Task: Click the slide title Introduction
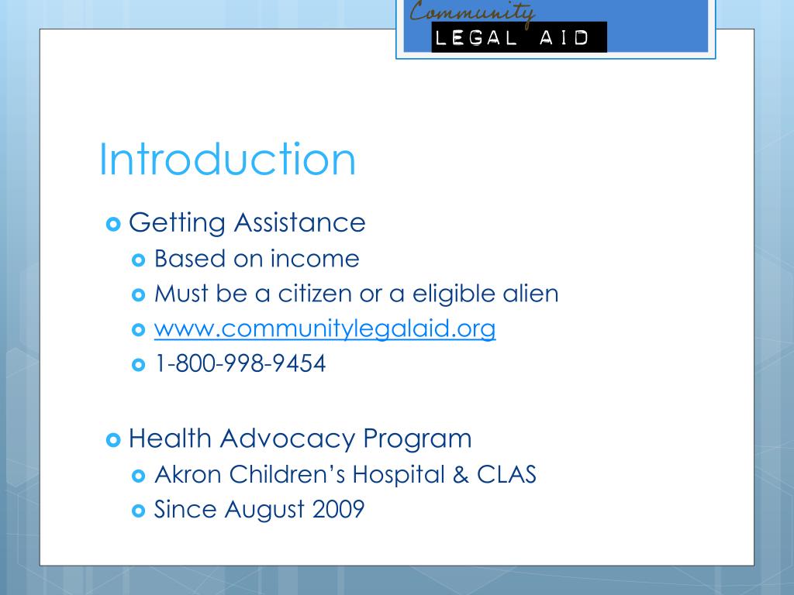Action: pyautogui.click(x=227, y=160)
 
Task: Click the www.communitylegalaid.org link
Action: pyautogui.click(x=325, y=329)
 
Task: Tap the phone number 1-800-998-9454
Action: pyautogui.click(x=240, y=363)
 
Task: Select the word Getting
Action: pyautogui.click(x=177, y=224)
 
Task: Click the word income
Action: pyautogui.click(x=315, y=259)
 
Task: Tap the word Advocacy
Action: pyautogui.click(x=287, y=439)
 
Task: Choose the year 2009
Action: pyautogui.click(x=339, y=510)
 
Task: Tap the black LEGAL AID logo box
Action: pyautogui.click(x=519, y=37)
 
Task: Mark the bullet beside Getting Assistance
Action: pyautogui.click(x=112, y=224)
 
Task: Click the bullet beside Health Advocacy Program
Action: pyautogui.click(x=112, y=439)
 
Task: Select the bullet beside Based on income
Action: pyautogui.click(x=140, y=259)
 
